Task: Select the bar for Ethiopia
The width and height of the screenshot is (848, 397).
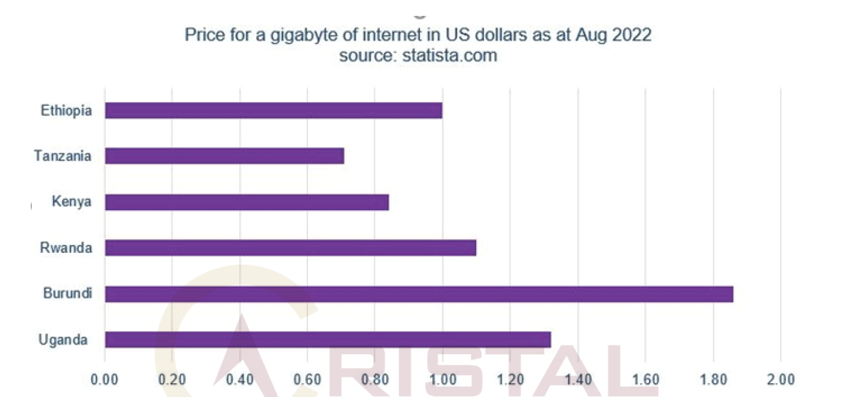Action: click(273, 110)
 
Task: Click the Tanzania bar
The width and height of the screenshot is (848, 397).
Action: click(224, 156)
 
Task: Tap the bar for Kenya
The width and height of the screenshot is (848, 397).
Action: click(247, 202)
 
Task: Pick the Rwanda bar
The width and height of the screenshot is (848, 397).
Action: click(290, 247)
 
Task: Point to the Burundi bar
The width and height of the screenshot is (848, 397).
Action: click(419, 294)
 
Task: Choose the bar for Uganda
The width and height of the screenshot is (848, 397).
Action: click(328, 340)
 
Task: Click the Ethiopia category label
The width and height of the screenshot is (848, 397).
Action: click(66, 110)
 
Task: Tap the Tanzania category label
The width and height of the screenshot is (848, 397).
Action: click(63, 156)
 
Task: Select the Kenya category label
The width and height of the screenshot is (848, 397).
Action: click(71, 202)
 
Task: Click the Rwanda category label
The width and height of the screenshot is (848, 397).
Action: click(66, 247)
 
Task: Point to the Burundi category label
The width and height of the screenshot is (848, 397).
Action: click(68, 293)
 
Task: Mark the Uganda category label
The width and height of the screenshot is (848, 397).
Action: click(63, 340)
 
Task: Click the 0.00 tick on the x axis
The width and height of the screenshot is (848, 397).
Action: click(104, 380)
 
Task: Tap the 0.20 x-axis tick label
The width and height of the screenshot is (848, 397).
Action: click(172, 380)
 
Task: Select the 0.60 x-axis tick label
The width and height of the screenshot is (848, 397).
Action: click(307, 380)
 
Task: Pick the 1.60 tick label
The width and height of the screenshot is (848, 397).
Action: click(645, 380)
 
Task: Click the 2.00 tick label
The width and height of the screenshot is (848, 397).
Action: click(780, 380)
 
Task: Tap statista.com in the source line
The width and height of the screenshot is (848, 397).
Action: click(449, 55)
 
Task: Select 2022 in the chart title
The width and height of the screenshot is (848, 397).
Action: click(632, 35)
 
